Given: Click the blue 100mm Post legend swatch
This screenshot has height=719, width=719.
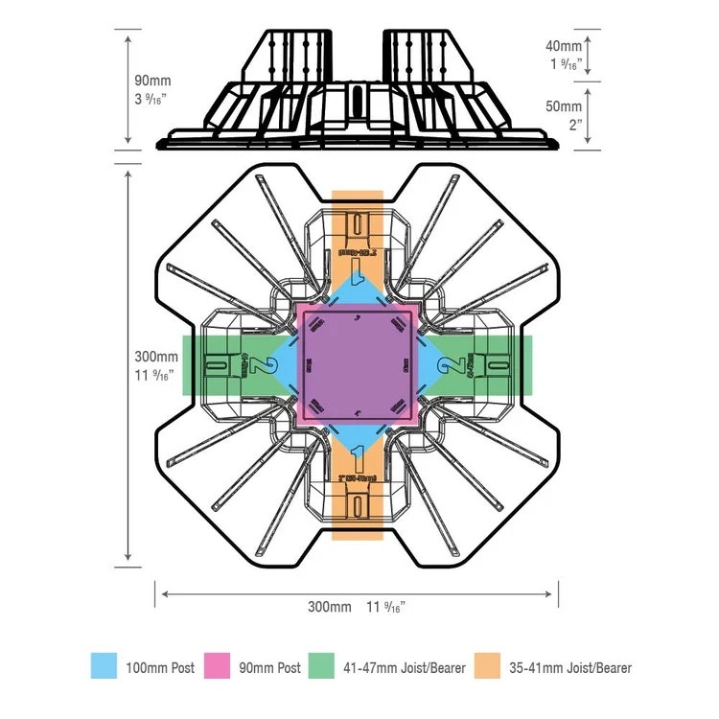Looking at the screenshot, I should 104,665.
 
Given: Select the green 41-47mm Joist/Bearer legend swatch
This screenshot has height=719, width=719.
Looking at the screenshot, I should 320,665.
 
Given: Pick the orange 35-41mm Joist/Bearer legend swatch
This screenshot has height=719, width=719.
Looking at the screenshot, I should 489,665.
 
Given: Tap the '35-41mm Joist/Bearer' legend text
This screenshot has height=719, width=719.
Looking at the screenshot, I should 570,667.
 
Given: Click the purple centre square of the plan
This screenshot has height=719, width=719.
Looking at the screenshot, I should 359,365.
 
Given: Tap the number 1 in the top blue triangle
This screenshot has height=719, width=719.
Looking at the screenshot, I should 359,279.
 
